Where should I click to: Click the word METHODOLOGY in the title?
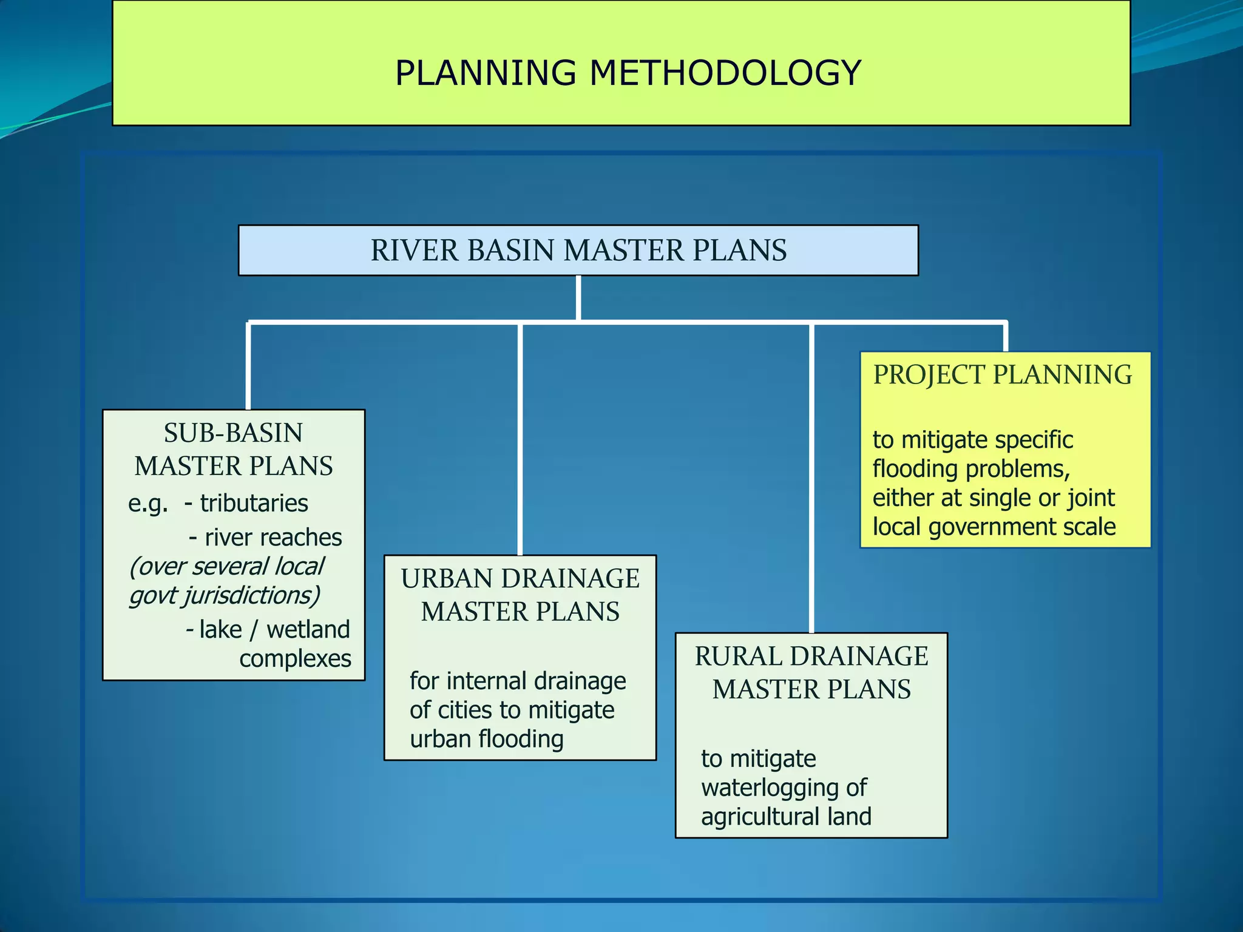pos(725,73)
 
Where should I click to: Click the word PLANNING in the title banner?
pos(486,73)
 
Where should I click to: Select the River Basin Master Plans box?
pos(578,251)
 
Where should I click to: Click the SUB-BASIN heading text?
pos(233,433)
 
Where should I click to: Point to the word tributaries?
pos(254,504)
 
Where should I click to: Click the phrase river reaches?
pos(273,538)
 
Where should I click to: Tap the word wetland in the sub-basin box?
pos(308,630)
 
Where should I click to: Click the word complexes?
pos(295,659)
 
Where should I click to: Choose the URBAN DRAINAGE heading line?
pos(520,579)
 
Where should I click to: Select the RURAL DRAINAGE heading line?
pos(811,657)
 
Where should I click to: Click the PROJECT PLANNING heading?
pos(1002,375)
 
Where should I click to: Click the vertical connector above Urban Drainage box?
pos(520,437)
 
